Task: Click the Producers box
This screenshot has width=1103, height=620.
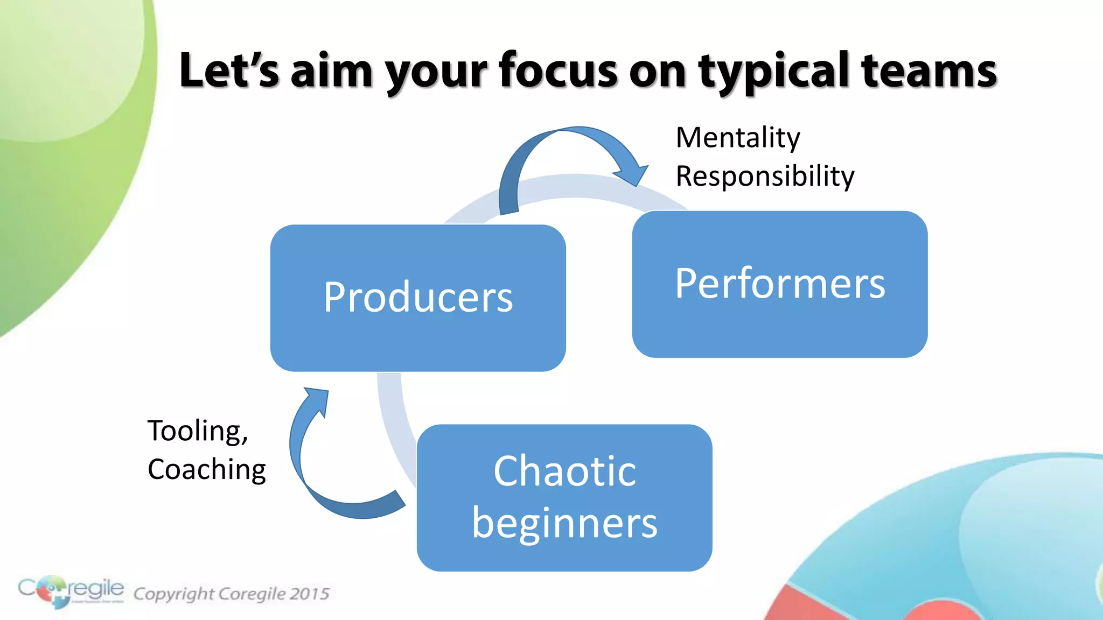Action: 418,298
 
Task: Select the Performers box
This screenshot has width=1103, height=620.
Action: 779,284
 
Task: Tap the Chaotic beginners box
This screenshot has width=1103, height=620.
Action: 564,497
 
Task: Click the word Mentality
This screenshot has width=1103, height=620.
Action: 738,138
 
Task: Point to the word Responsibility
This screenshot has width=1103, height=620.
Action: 765,177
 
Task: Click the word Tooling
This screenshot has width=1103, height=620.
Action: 197,431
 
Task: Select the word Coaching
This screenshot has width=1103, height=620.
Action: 207,469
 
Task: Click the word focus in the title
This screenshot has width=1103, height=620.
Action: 558,71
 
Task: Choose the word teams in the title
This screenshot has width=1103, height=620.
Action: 929,71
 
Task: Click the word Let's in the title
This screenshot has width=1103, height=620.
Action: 229,71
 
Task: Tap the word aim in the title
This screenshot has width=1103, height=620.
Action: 332,71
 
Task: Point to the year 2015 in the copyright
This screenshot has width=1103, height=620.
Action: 309,594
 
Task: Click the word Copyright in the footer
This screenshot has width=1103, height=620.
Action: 173,594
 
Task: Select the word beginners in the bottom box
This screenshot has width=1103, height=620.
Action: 564,523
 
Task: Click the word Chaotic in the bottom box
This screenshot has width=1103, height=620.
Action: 564,471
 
